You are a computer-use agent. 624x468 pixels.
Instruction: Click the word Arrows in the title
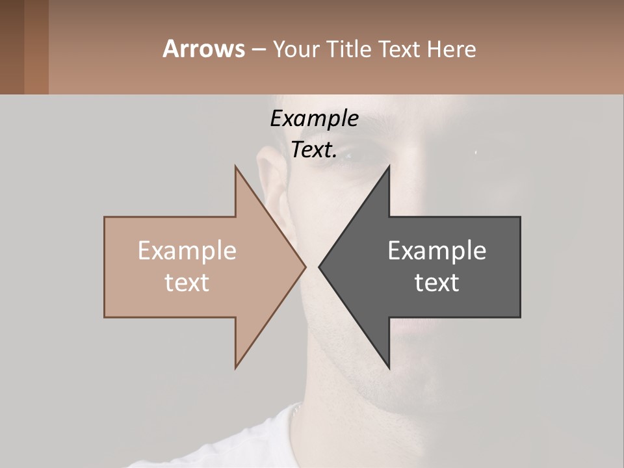coord(203,49)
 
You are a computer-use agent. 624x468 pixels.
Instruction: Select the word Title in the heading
coord(352,49)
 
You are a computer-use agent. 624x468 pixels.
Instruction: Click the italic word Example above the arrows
coord(314,119)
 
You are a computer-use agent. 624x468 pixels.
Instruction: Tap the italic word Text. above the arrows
coord(314,150)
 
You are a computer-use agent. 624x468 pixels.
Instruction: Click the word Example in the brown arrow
coord(187,251)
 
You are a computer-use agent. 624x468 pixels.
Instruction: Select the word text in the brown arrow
coord(187,283)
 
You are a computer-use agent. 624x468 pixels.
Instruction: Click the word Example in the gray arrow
coord(437,251)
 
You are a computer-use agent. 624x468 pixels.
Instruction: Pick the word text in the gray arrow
coord(437,283)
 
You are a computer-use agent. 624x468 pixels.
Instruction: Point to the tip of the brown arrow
coord(305,266)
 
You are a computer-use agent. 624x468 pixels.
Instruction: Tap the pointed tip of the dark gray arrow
coord(319,266)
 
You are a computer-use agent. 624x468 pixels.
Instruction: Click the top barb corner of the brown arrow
coord(236,167)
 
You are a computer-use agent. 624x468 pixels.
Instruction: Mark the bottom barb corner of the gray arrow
coord(389,367)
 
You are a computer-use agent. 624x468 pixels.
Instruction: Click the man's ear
coord(274,175)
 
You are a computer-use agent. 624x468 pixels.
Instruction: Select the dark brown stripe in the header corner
coord(12,47)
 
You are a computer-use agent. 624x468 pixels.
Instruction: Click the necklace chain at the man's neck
coord(296,409)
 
